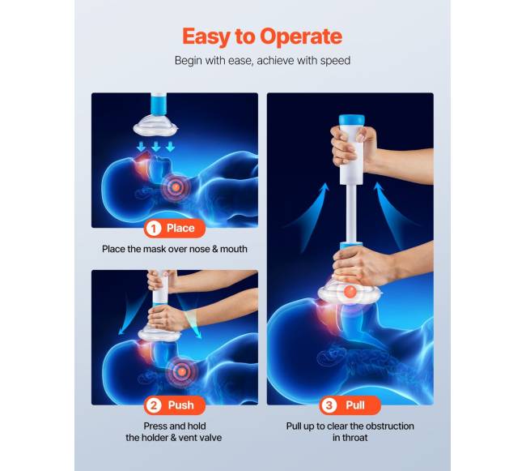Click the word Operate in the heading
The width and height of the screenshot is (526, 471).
click(x=301, y=36)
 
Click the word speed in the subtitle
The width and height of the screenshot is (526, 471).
click(x=335, y=61)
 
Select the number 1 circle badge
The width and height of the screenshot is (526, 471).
click(x=153, y=229)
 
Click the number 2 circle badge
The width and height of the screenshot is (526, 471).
click(x=153, y=405)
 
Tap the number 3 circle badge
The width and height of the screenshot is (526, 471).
click(x=329, y=405)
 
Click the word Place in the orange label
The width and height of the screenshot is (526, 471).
click(x=180, y=228)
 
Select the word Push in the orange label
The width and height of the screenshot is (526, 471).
click(x=180, y=405)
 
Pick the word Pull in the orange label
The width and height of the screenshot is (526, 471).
click(x=355, y=405)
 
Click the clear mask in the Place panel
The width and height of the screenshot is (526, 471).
click(x=155, y=126)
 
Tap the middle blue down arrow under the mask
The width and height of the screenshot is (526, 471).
click(x=155, y=147)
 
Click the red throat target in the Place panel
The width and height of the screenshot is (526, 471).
click(x=176, y=186)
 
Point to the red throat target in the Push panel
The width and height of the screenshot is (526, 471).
click(x=181, y=371)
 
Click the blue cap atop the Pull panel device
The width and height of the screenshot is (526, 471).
click(x=351, y=120)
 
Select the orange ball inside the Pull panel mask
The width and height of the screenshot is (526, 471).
click(x=350, y=291)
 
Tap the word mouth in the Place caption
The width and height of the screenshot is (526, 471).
click(x=234, y=249)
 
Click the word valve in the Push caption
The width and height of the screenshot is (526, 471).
click(x=210, y=438)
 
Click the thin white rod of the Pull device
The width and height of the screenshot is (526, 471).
click(x=351, y=213)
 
